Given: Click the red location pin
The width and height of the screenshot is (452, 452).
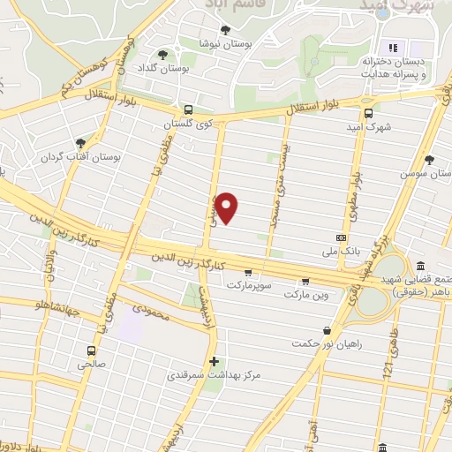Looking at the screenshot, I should coord(228,207).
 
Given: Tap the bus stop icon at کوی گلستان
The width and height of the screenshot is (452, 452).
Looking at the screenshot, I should coord(187,110).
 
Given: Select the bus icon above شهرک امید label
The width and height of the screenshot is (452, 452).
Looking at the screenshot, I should coord(368,112).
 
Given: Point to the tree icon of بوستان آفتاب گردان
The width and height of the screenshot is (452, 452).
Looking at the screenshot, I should coord(81,142).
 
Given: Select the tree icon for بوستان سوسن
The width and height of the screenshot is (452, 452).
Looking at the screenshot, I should coord(429,160).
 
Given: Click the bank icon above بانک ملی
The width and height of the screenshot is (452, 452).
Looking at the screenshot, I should coord(341,238).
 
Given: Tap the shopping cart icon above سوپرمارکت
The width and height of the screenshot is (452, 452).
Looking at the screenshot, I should coord(248,272).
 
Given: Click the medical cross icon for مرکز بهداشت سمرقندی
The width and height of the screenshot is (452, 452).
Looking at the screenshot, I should coord(214,361).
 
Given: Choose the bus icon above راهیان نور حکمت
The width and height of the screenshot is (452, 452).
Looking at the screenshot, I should coord(328,330).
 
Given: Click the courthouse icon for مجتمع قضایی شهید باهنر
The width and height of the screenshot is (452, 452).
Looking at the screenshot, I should coord(420,267).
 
